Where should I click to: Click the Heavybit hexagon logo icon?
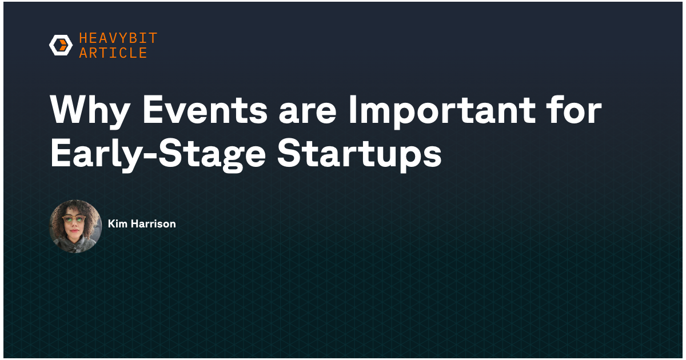(61, 45)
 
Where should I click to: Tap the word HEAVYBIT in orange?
(118, 38)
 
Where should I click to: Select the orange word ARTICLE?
(113, 53)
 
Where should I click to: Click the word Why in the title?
(90, 110)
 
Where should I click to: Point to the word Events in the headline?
(205, 109)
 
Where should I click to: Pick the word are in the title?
(308, 113)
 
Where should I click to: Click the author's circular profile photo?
(75, 226)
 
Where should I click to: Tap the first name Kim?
(117, 224)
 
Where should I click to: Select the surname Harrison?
(153, 224)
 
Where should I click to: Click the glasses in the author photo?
(74, 219)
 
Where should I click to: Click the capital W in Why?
(70, 109)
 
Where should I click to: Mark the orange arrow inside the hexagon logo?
(63, 45)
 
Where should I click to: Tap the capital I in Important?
(353, 109)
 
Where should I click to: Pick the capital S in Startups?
(289, 153)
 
